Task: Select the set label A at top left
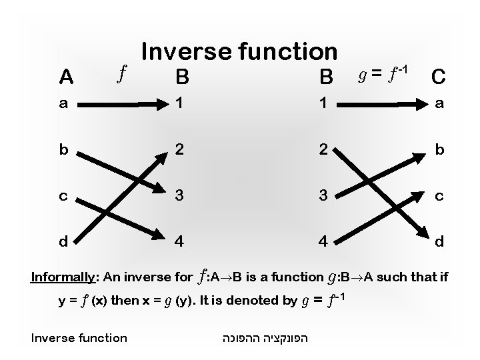[x=67, y=78]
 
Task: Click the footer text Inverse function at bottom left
[x=79, y=337]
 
